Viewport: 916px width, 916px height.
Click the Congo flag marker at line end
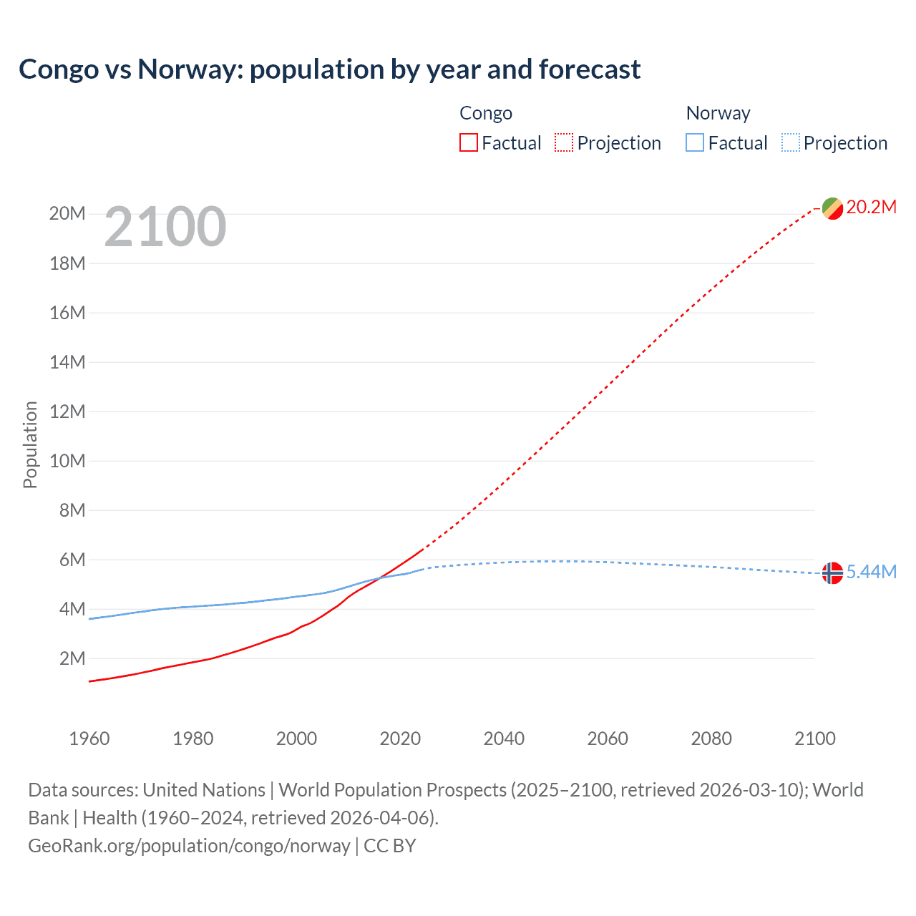(832, 208)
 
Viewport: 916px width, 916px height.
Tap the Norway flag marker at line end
(832, 572)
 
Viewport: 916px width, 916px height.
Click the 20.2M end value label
(871, 208)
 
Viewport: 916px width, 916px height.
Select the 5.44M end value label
(871, 572)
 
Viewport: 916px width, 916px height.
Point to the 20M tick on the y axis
(67, 214)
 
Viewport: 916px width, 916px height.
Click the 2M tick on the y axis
(72, 658)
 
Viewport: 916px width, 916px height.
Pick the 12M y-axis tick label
(67, 411)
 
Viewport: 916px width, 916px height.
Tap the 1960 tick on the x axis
(89, 739)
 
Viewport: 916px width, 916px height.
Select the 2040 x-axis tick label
(504, 739)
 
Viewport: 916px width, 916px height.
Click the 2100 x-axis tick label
(814, 739)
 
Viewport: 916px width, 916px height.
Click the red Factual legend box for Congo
(469, 143)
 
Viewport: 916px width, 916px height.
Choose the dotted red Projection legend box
(564, 143)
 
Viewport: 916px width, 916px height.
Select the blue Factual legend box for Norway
(695, 143)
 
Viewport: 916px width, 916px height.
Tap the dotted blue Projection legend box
(790, 143)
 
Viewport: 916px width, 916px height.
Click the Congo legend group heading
(486, 113)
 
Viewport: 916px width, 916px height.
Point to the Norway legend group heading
(718, 113)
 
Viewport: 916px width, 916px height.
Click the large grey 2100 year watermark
(165, 227)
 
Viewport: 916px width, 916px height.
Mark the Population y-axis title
(30, 444)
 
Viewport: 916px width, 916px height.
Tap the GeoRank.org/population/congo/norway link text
(189, 846)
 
